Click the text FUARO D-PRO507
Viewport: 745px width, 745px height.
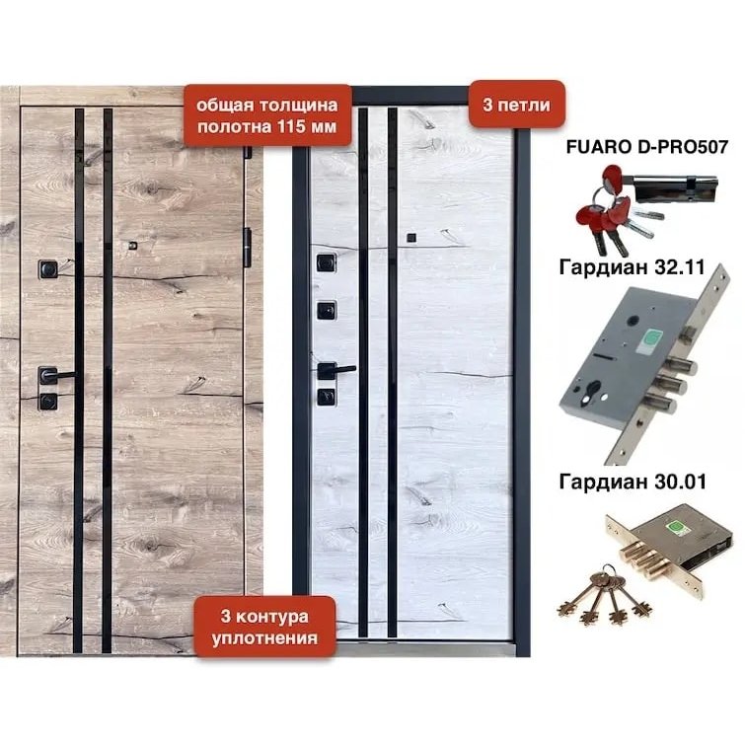pyautogui.click(x=646, y=147)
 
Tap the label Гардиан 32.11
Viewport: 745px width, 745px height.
pyautogui.click(x=632, y=267)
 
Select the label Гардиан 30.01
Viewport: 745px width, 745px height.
pyautogui.click(x=633, y=482)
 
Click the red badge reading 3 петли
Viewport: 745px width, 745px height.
pyautogui.click(x=516, y=105)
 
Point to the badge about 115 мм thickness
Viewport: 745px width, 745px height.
pyautogui.click(x=267, y=115)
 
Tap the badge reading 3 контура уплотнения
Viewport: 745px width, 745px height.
pyautogui.click(x=264, y=627)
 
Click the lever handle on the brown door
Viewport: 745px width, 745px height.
pyautogui.click(x=55, y=376)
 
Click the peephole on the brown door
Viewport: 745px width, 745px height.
pyautogui.click(x=133, y=246)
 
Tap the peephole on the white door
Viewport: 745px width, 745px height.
pyautogui.click(x=411, y=238)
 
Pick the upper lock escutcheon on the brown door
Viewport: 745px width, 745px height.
pyautogui.click(x=48, y=269)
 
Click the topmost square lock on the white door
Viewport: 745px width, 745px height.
pyautogui.click(x=327, y=262)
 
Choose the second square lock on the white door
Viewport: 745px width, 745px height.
pyautogui.click(x=327, y=311)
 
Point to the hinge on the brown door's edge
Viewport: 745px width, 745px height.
pyautogui.click(x=247, y=247)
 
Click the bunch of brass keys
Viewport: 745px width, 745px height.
pyautogui.click(x=604, y=594)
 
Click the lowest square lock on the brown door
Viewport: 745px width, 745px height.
pyautogui.click(x=48, y=402)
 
